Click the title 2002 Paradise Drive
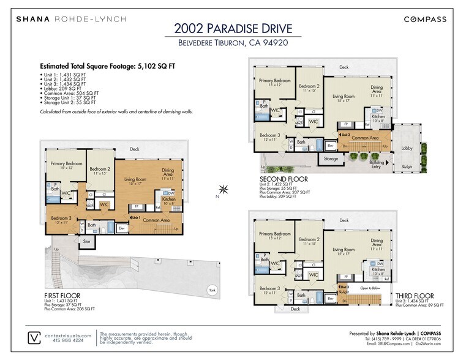233,28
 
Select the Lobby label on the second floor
407,148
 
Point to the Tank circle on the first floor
212,290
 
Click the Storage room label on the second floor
331,159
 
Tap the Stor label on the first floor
88,241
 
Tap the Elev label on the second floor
330,145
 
